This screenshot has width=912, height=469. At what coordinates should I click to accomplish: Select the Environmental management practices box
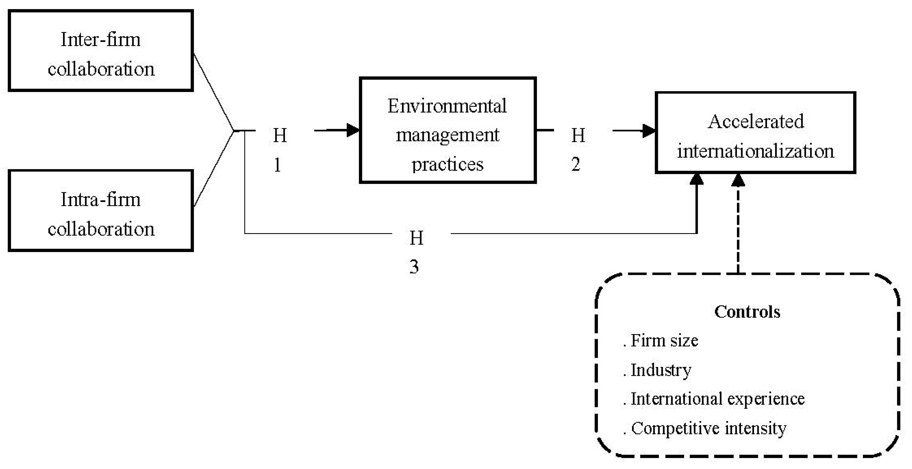(448, 130)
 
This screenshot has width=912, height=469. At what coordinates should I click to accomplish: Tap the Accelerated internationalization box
(755, 133)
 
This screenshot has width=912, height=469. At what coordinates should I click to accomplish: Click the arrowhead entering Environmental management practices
(353, 130)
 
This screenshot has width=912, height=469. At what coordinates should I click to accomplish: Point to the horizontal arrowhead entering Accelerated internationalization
(649, 131)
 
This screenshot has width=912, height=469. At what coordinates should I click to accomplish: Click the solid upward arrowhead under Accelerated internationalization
(696, 180)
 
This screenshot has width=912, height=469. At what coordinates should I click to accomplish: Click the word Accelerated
(755, 122)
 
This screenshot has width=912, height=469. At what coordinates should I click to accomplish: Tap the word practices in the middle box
(448, 164)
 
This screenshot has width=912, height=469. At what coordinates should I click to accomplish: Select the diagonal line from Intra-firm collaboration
(213, 169)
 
